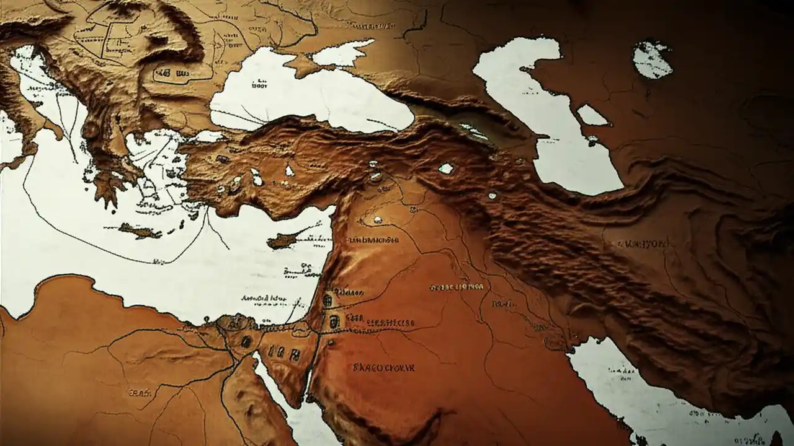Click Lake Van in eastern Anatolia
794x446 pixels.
point(445,168)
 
